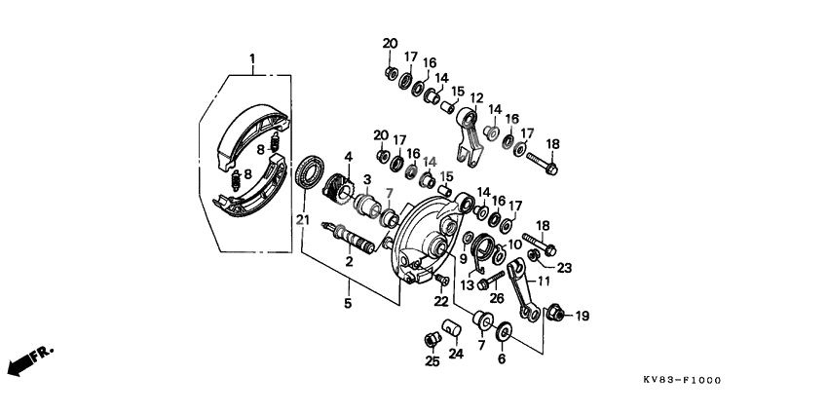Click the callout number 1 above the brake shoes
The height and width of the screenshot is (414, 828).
point(252,59)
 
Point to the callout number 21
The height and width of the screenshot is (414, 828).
point(302,220)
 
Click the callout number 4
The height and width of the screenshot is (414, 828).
point(347,155)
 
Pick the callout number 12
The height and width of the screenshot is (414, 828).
point(476,96)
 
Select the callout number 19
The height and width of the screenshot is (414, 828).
point(583,317)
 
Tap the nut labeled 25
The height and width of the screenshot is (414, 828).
point(429,339)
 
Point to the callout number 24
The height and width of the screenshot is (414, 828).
point(455,354)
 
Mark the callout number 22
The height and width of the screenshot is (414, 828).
point(440,301)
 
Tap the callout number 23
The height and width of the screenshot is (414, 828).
point(564,266)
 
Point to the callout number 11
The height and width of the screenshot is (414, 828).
point(544,281)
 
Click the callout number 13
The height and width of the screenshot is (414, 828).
point(467,285)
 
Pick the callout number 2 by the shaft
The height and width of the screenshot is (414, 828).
point(349,260)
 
